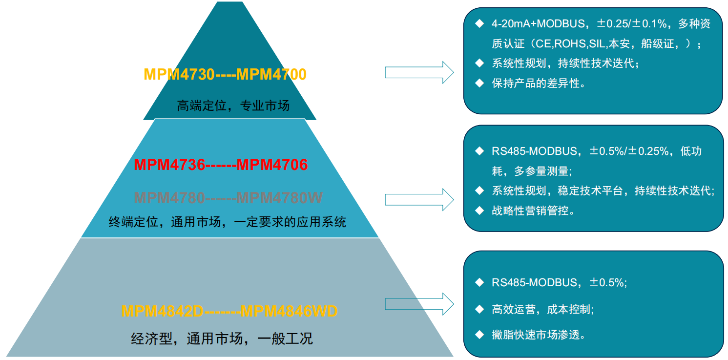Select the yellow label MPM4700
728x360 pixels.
point(271,74)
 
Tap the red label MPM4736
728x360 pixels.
point(169,165)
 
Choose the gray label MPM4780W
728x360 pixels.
point(279,198)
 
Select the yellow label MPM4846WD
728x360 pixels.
point(289,311)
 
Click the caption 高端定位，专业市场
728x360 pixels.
point(233,105)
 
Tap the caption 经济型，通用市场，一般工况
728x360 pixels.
point(222,339)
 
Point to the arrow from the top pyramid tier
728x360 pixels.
point(419,72)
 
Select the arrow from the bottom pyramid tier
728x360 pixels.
point(419,304)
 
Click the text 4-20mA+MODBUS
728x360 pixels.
point(534,24)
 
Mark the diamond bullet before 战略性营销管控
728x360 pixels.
point(479,211)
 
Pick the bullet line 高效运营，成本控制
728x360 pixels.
point(542,309)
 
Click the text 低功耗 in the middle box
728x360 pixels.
point(690,151)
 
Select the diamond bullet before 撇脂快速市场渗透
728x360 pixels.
point(479,335)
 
